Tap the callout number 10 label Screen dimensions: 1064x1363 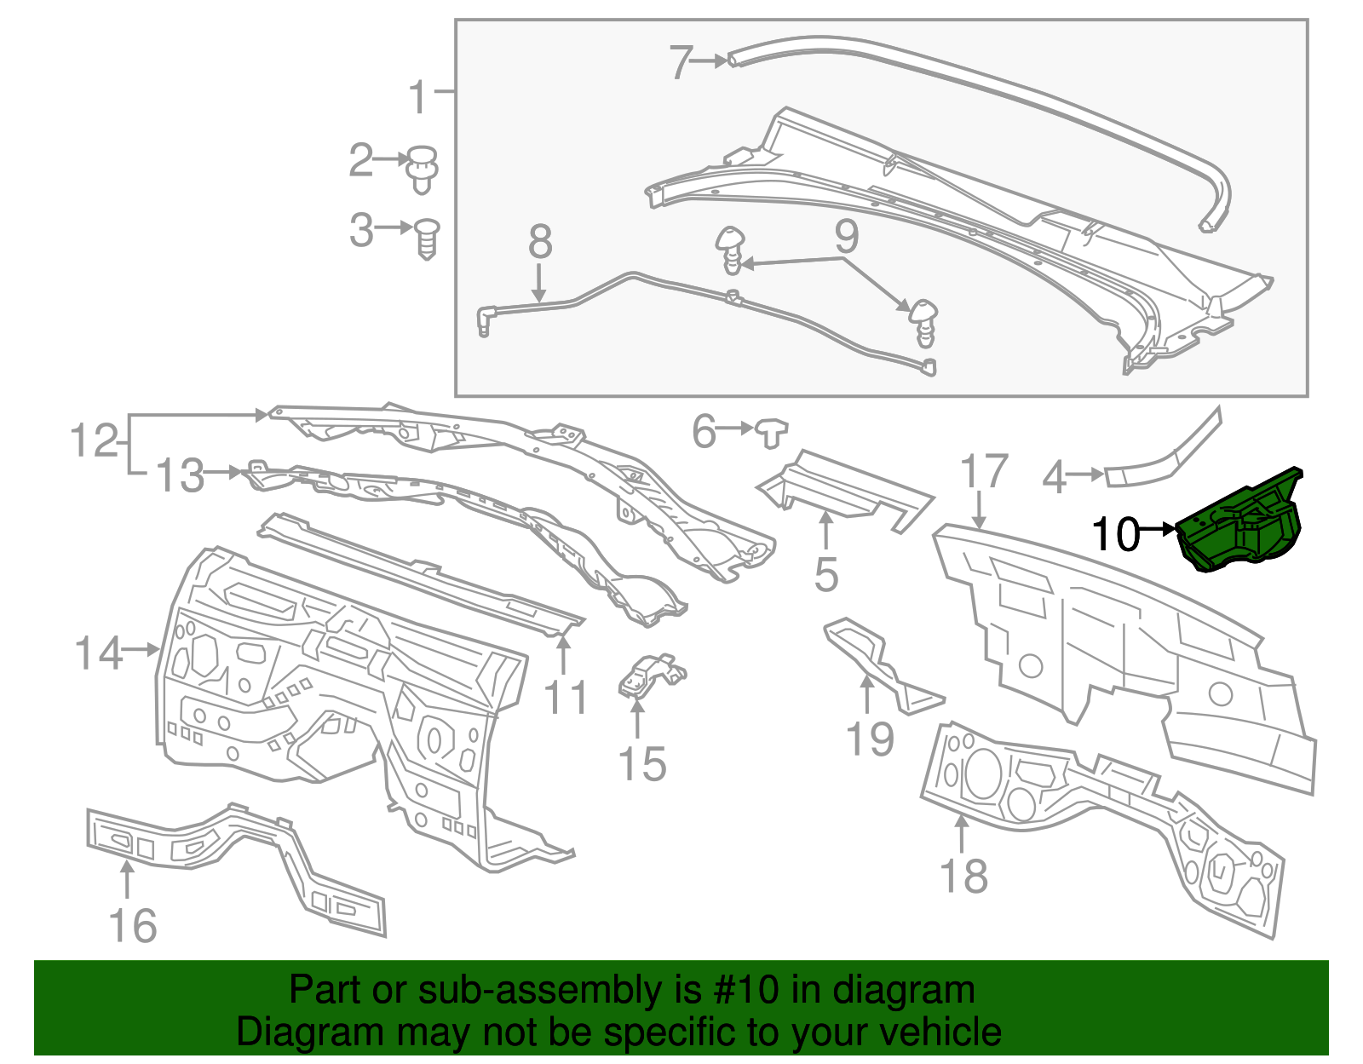(1114, 534)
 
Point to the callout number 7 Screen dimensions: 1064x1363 (680, 62)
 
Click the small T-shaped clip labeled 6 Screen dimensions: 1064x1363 (772, 432)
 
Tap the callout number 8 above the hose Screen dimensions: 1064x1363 (540, 242)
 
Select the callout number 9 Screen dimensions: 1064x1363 (846, 236)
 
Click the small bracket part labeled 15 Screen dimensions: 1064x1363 (651, 676)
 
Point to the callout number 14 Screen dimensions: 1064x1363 (99, 653)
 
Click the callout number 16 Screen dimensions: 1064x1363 (133, 926)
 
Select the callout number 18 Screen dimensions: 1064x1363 (963, 876)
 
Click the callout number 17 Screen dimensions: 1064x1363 (983, 471)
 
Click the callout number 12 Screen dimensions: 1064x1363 (94, 440)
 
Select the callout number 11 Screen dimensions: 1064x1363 (566, 698)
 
